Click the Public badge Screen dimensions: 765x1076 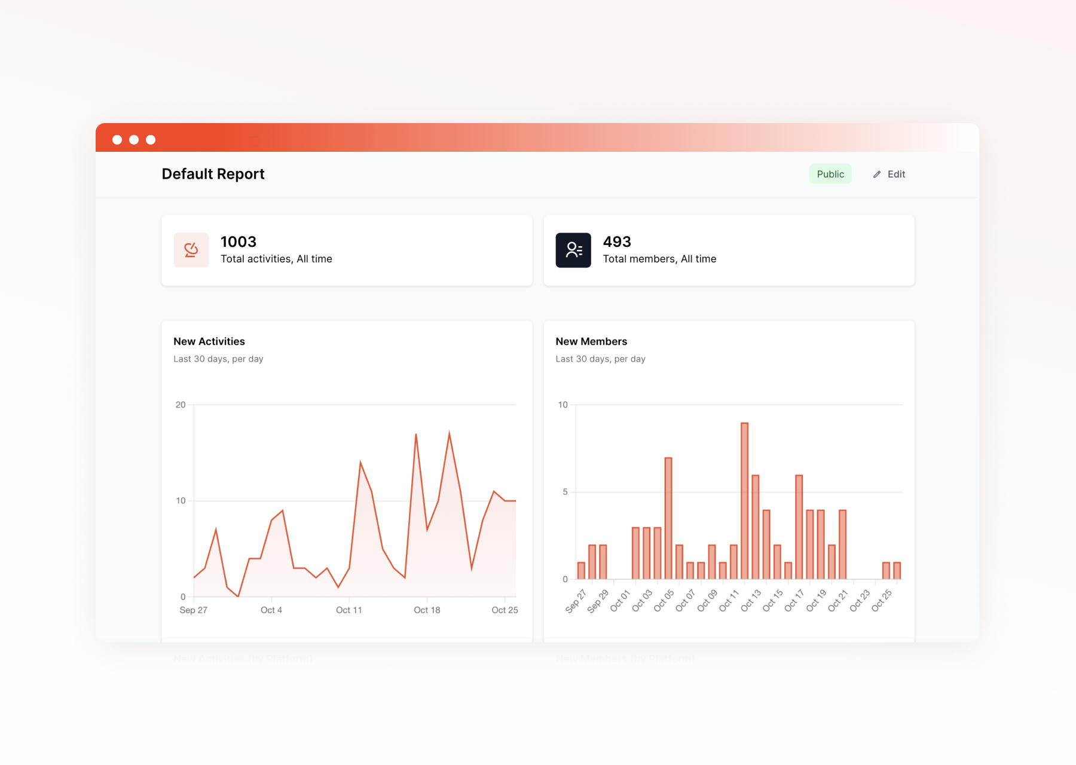[830, 174]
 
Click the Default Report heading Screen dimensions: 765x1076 [213, 174]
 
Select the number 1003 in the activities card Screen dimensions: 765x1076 [238, 241]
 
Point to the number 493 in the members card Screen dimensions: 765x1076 [616, 241]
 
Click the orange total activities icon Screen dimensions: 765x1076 [191, 250]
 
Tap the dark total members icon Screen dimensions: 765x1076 [573, 250]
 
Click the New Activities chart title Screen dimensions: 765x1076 [209, 341]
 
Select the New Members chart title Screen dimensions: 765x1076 [591, 341]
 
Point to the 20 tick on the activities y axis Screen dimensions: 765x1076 [181, 405]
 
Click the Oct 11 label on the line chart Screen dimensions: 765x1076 [349, 610]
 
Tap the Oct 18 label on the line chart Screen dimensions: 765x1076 [427, 610]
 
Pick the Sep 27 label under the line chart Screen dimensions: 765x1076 [193, 610]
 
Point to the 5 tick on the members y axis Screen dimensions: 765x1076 [565, 492]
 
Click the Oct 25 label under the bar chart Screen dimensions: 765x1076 [882, 601]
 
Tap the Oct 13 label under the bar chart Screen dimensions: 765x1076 [751, 601]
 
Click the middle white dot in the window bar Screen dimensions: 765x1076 [134, 139]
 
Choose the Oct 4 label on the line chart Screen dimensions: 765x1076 [271, 610]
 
